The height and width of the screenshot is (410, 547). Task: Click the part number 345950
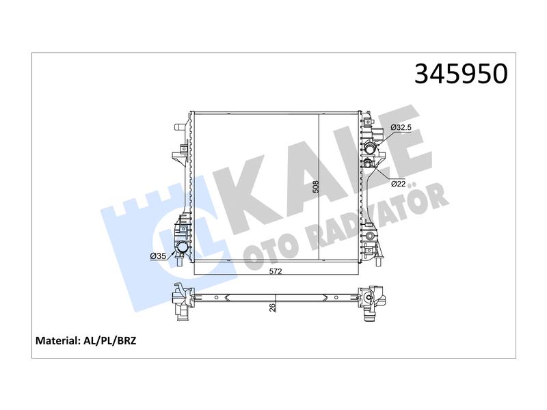461,74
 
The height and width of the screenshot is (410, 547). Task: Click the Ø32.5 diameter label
401,128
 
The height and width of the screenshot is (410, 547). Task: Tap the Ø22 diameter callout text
399,184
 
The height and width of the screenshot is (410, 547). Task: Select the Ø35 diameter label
158,256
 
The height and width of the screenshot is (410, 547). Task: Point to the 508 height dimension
316,187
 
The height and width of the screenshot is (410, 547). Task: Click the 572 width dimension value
276,271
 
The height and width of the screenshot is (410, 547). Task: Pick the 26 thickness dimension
272,307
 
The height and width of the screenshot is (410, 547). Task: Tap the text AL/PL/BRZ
109,340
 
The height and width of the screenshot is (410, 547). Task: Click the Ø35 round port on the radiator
182,248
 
